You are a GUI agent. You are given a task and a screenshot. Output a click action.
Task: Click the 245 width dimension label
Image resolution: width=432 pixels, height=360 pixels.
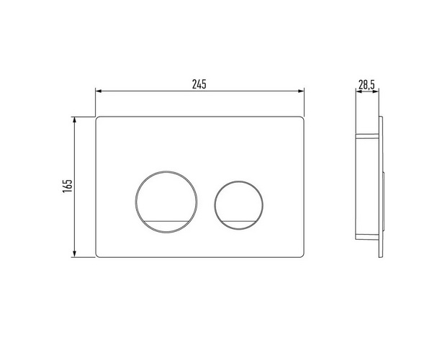tap(199, 84)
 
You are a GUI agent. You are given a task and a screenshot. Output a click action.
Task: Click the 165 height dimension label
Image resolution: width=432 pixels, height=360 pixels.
tap(68, 186)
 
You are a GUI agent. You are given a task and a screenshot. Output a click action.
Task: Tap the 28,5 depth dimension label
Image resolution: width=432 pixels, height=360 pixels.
tap(366, 84)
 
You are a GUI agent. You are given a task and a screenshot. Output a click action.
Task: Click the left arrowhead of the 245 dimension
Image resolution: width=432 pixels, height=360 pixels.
tap(99, 91)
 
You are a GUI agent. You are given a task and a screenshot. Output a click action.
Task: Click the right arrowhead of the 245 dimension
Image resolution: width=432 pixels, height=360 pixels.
tap(300, 91)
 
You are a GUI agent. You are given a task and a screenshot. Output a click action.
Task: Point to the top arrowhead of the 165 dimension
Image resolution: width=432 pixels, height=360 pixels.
tap(74, 120)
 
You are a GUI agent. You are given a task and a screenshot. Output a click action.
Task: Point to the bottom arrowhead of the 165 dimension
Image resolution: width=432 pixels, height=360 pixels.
tap(74, 254)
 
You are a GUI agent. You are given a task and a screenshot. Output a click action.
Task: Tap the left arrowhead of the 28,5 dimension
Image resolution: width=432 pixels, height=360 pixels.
tap(359, 91)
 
